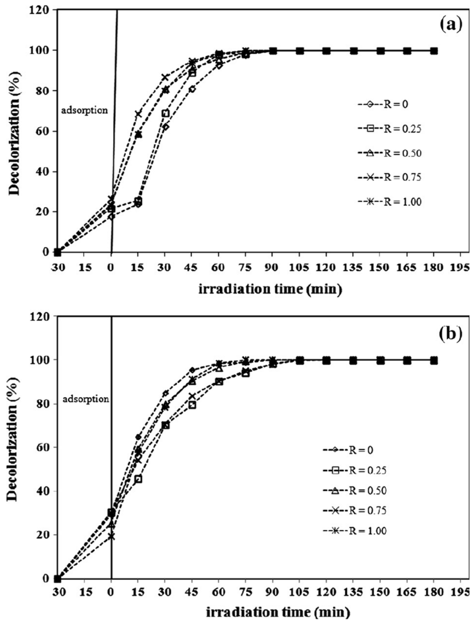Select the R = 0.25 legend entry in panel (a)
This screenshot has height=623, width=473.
390,129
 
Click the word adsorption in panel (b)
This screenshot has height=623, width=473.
85,399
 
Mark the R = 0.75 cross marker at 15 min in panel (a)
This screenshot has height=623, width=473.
138,114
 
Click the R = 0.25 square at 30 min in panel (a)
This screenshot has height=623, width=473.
165,114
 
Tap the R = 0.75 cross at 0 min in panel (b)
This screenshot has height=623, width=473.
112,537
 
